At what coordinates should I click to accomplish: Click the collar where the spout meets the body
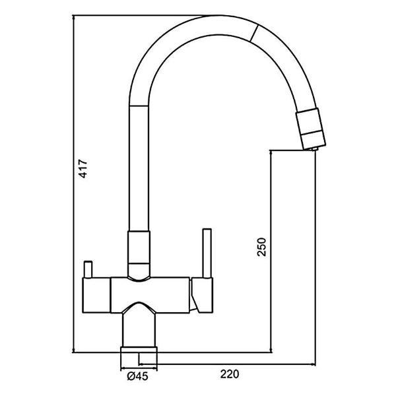tap(137, 247)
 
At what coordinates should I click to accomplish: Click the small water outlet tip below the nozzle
tap(314, 150)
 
